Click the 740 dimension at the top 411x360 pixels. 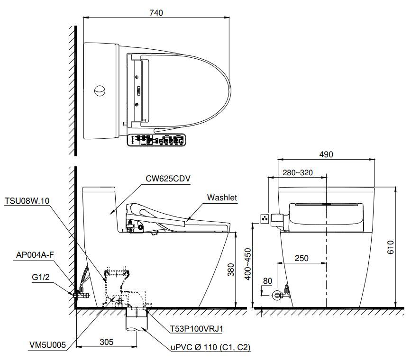(155, 13)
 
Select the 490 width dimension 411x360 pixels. (326, 154)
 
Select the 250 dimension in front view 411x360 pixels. (301, 258)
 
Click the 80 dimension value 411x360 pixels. (267, 281)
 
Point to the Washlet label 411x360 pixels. (222, 198)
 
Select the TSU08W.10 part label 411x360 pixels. (27, 200)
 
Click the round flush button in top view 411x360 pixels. (100, 90)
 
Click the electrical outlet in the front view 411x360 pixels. (265, 218)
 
